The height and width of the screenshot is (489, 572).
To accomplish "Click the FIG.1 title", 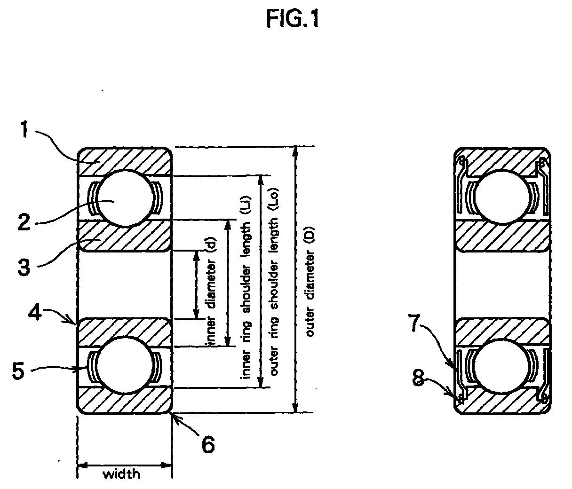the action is tap(293, 19).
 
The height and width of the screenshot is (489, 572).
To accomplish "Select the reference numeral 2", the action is tap(24, 222).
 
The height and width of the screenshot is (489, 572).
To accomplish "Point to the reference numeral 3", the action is tap(24, 267).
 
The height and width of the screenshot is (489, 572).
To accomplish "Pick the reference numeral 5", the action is tap(18, 371).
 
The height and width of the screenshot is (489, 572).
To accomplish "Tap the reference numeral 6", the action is tap(208, 444).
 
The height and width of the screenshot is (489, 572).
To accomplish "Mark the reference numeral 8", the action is tap(418, 378).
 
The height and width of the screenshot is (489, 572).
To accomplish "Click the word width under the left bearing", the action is tap(122, 474).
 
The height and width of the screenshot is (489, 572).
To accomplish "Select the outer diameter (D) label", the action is tap(310, 281).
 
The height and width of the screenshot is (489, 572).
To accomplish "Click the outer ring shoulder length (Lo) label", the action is tap(274, 282).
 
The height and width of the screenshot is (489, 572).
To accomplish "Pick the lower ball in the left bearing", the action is tap(124, 365).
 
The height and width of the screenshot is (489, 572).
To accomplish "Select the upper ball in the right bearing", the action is tap(501, 197).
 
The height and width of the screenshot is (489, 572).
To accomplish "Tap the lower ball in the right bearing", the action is tap(501, 366).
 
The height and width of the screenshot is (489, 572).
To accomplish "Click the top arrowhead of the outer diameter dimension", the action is tap(296, 151).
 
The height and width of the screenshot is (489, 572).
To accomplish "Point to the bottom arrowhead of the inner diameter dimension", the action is tap(196, 314).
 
